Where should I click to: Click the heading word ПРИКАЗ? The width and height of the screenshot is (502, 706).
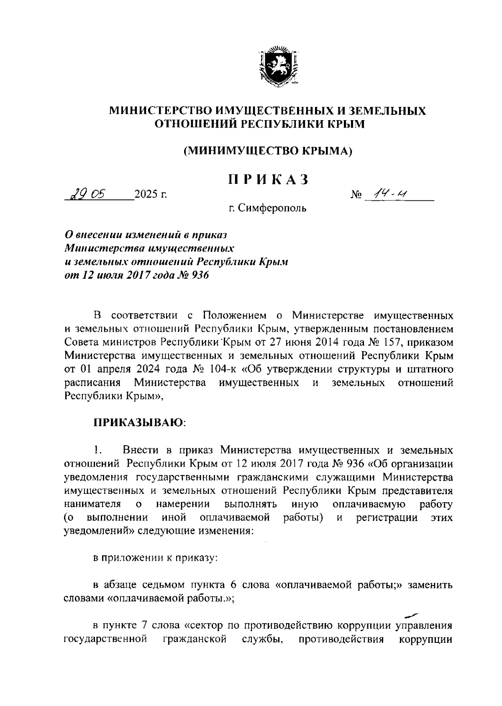pos(268,179)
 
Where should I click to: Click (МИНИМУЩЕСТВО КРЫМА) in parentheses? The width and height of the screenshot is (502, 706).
pos(268,150)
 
